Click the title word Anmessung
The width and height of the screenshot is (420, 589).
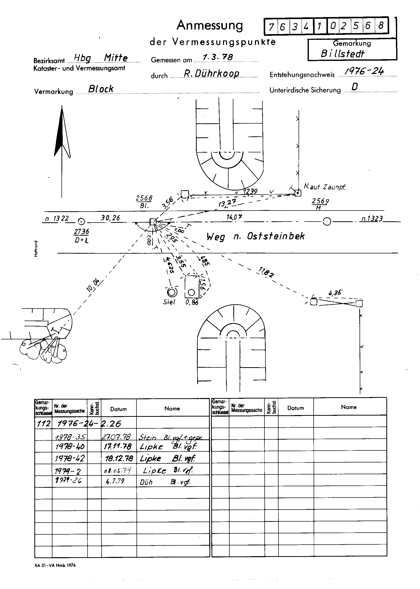click(210, 25)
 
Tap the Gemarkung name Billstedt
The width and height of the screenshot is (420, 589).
click(342, 54)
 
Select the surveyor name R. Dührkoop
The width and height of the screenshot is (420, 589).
click(211, 74)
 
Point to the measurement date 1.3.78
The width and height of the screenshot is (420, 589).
click(218, 57)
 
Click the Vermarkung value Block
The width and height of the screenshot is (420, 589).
click(101, 89)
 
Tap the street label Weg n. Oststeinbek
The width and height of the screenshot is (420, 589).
click(255, 236)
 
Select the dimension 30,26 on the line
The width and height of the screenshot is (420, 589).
click(110, 218)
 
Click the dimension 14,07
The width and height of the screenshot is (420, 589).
click(234, 217)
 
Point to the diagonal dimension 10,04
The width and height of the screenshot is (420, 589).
click(93, 286)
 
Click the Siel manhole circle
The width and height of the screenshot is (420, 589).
click(172, 293)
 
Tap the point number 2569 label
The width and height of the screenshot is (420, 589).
click(320, 201)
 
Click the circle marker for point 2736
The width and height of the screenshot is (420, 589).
click(82, 221)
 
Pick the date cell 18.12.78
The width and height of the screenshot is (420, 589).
click(119, 458)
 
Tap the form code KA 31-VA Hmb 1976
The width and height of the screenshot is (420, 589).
click(55, 565)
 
